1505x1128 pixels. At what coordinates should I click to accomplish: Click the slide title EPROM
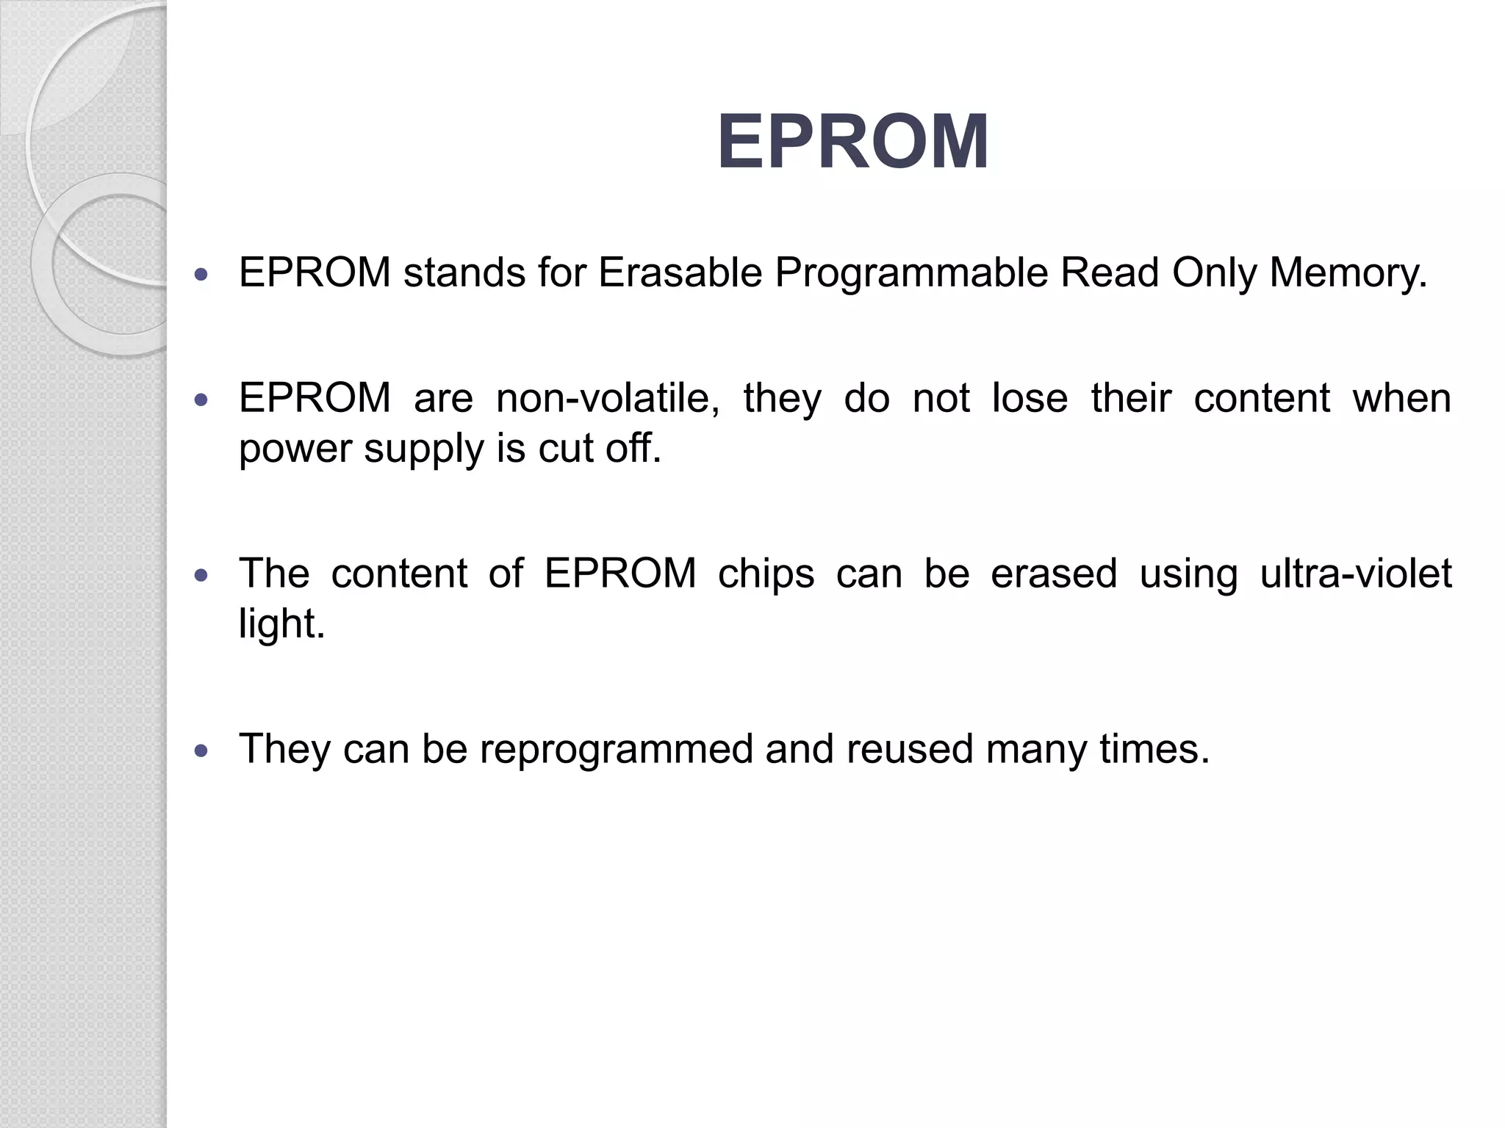[852, 142]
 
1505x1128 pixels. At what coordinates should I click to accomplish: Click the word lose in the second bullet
[1030, 399]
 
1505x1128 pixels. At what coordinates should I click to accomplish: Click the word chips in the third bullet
[766, 574]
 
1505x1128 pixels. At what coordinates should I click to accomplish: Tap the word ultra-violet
[1356, 574]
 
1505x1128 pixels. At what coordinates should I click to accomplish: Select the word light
[281, 624]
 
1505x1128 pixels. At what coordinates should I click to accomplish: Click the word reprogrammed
[617, 750]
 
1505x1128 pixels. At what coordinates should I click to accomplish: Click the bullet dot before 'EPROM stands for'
[201, 275]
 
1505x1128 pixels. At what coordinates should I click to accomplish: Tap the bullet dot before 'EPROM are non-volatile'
[201, 400]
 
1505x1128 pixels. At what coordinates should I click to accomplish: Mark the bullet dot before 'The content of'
[201, 575]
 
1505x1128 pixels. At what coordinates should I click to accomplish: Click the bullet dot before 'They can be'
[201, 751]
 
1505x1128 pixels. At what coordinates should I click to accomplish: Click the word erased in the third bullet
[1053, 574]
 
